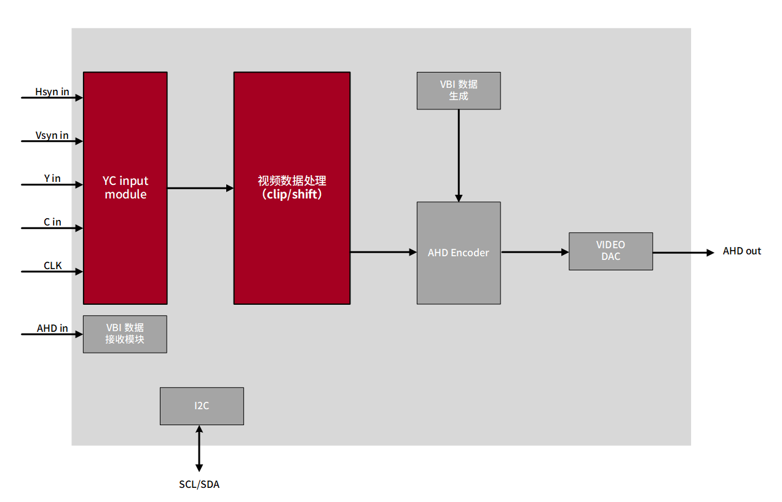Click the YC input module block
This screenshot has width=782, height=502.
point(125,188)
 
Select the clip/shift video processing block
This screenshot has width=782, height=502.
point(291,188)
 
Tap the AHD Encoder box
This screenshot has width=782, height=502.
point(459,253)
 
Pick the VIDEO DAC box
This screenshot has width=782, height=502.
point(610,251)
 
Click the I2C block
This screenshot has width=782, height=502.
point(202,406)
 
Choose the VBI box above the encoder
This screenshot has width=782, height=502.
point(459,91)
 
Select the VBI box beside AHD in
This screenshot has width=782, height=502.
point(125,334)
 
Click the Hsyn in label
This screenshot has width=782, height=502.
point(52,92)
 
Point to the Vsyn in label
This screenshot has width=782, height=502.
point(52,135)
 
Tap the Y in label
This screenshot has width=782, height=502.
point(52,178)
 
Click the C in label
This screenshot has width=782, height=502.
point(52,222)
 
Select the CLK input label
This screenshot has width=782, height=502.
point(53,266)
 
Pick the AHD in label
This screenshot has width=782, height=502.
point(52,328)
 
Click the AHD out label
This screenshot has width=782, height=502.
point(741,251)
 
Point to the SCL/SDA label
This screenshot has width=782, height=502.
point(199,484)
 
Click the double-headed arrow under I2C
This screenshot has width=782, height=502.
point(199,448)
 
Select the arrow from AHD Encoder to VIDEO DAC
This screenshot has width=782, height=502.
point(534,252)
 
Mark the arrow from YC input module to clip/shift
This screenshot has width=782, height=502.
point(200,188)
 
